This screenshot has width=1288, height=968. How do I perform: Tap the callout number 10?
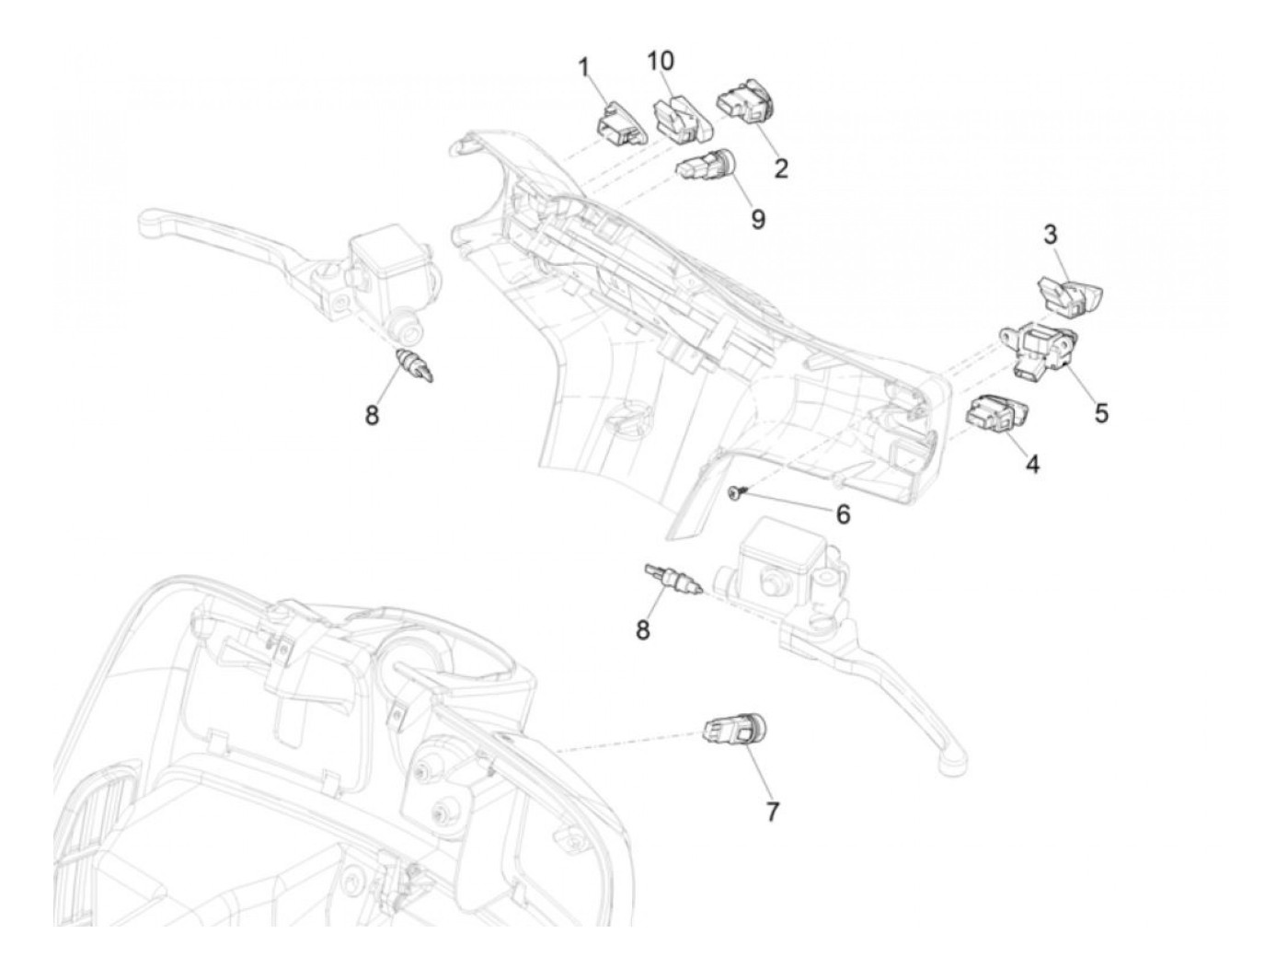(x=660, y=61)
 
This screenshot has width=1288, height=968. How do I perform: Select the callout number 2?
(x=780, y=168)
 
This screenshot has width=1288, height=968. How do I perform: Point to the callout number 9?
(x=757, y=221)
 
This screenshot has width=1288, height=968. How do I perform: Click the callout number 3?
(x=1050, y=234)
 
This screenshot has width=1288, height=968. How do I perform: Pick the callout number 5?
(x=1101, y=413)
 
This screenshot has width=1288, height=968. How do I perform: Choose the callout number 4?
(x=1032, y=465)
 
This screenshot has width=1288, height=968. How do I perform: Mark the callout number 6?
(x=843, y=513)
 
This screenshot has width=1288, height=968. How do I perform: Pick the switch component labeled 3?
(x=1069, y=294)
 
